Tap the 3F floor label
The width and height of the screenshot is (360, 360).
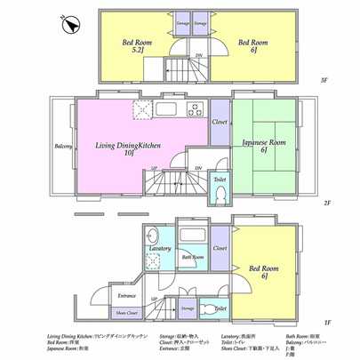[325, 81]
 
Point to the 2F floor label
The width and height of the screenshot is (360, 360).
[326, 203]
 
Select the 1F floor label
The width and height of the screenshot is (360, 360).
[326, 322]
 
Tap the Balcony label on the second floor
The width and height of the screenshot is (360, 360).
[62, 147]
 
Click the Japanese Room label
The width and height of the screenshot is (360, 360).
[263, 146]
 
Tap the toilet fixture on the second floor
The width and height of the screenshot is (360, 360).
[220, 191]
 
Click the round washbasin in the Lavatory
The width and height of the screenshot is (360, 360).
[151, 235]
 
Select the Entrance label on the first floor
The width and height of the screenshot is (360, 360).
[127, 295]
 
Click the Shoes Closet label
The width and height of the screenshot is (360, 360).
[126, 312]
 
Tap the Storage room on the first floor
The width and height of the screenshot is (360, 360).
[188, 308]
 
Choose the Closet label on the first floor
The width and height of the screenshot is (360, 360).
[220, 249]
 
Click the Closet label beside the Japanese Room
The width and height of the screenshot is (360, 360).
[220, 122]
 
